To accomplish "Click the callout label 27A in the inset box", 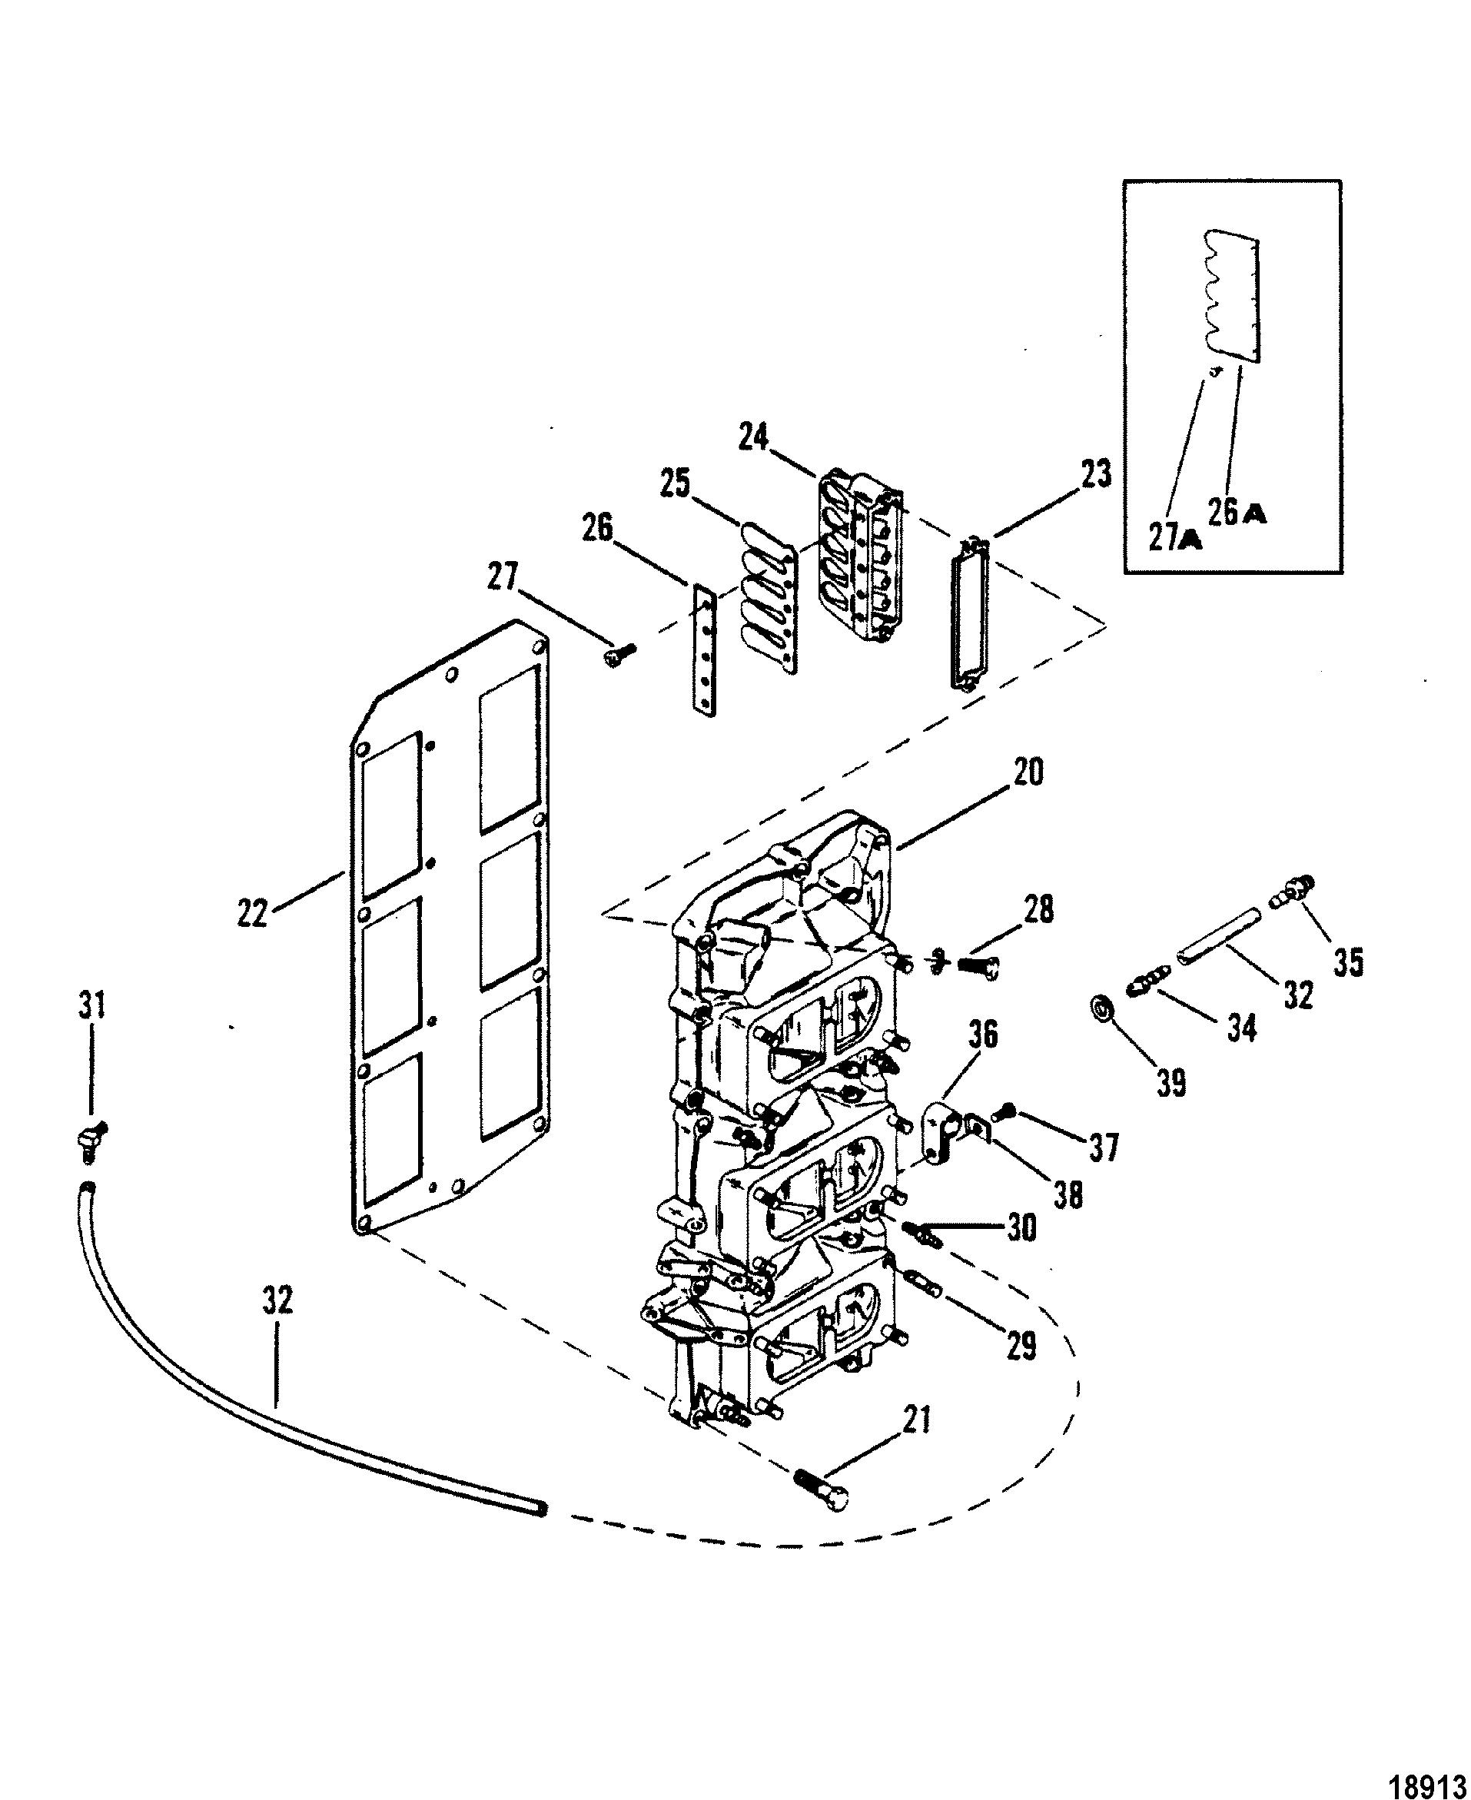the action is (x=1175, y=536).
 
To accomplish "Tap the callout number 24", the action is (x=754, y=437).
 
